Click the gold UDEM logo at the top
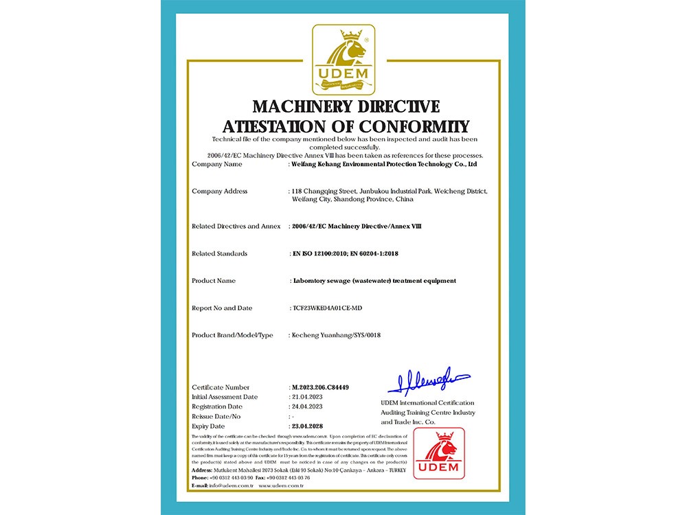pyautogui.click(x=343, y=59)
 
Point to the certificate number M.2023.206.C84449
pyautogui.click(x=321, y=387)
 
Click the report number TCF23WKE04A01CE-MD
pyautogui.click(x=327, y=308)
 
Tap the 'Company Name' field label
pyautogui.click(x=217, y=165)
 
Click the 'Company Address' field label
pyautogui.click(x=220, y=192)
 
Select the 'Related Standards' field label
pyautogui.click(x=220, y=253)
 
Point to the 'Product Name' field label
pyautogui.click(x=214, y=281)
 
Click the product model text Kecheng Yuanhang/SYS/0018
pyautogui.click(x=337, y=335)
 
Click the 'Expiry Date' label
pyautogui.click(x=210, y=426)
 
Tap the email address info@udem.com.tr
pyautogui.click(x=232, y=485)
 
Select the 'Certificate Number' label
pyautogui.click(x=221, y=387)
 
